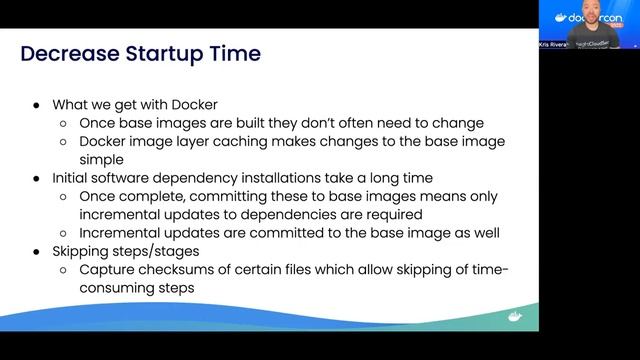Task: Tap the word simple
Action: pyautogui.click(x=101, y=158)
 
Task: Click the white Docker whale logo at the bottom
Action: pyautogui.click(x=515, y=317)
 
